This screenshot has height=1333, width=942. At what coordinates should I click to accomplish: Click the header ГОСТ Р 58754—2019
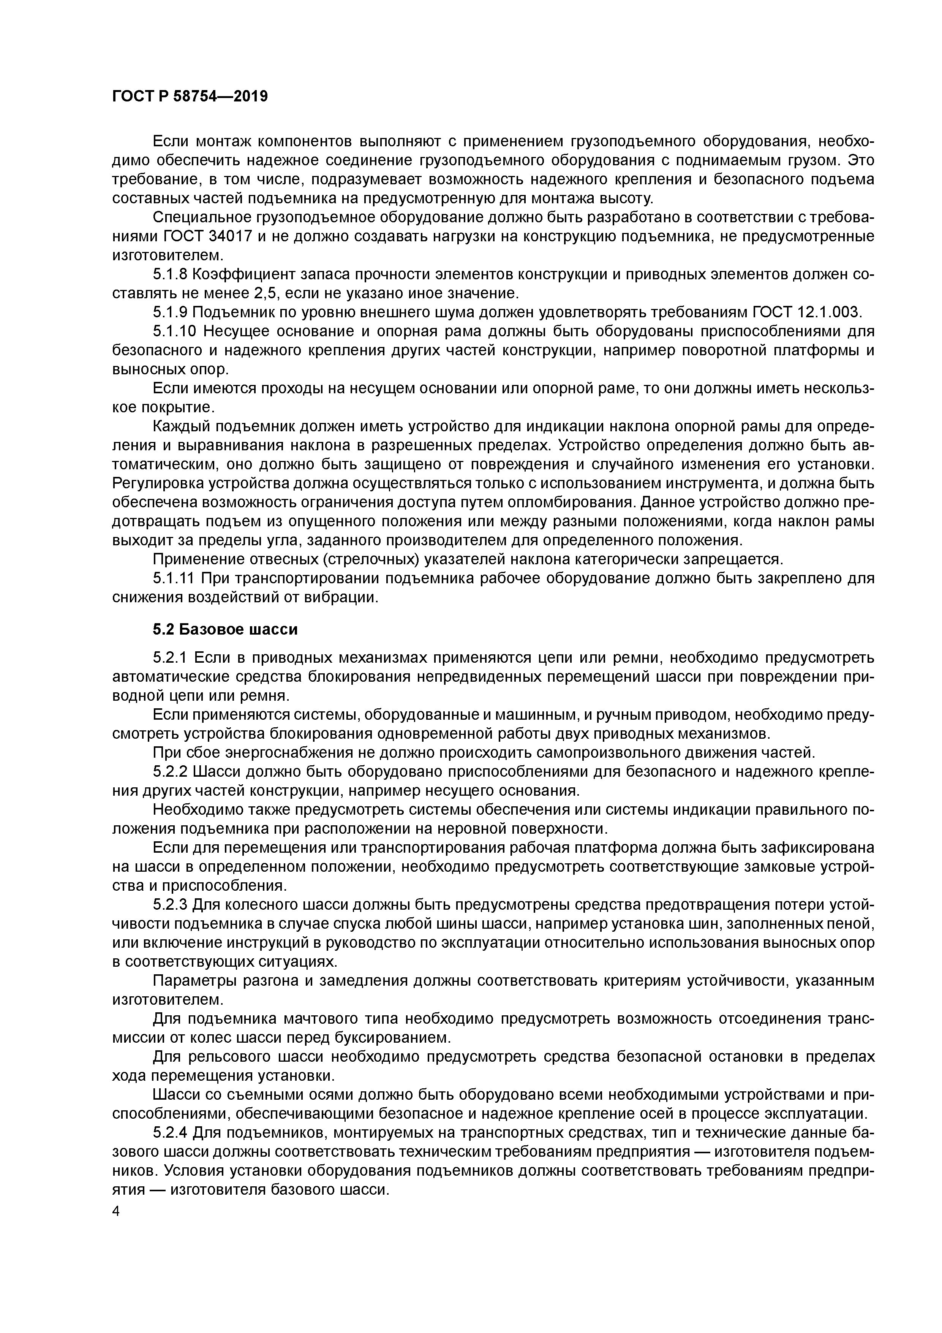point(190,97)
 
